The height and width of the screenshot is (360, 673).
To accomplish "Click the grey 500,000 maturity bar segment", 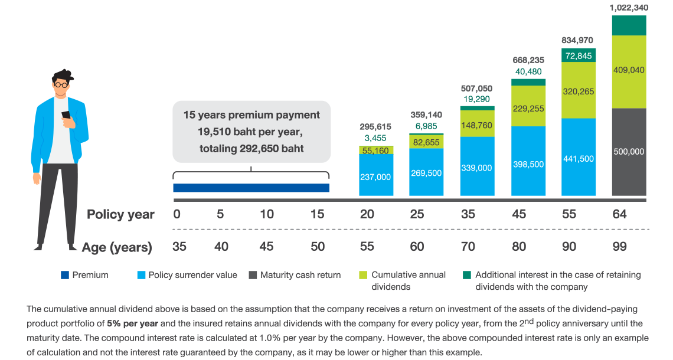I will point(629,152).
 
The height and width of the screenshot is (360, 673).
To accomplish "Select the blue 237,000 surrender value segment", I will point(376,176).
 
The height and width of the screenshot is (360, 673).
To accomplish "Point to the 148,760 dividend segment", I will point(477,125).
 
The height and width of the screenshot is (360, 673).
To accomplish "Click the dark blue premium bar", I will point(251,188).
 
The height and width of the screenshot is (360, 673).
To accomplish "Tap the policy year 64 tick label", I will point(619,214).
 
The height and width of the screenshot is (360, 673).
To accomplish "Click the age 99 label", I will point(619,247).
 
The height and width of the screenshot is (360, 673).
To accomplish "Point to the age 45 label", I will point(266,247).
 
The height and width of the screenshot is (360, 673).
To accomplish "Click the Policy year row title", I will point(120,214).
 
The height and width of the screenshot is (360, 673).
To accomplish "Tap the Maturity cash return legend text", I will point(300,274).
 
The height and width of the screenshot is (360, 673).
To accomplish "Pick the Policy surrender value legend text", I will point(192,274).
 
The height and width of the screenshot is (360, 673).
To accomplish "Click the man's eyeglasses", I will point(61,84).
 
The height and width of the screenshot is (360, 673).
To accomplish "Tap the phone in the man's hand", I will point(66,115).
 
